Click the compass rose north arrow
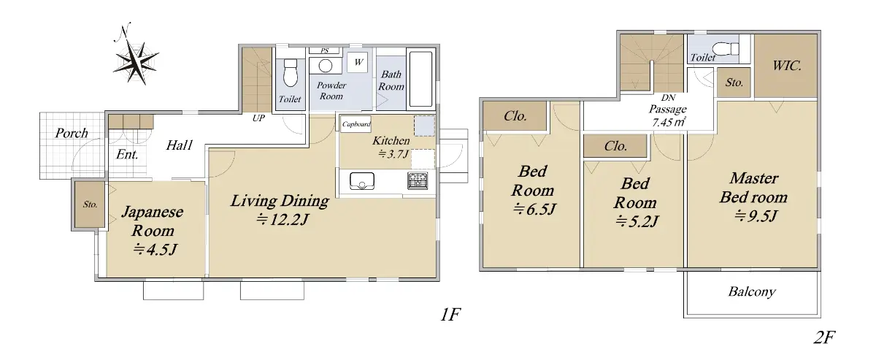click(136, 54)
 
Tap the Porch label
click(72, 133)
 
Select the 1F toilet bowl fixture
click(291, 72)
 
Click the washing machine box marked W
click(358, 62)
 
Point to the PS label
click(325, 51)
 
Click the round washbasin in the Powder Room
click(326, 66)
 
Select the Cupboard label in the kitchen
click(356, 124)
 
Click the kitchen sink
click(362, 181)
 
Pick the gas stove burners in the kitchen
click(418, 180)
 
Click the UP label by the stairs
click(258, 118)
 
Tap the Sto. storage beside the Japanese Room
click(90, 204)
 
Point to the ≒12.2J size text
click(283, 220)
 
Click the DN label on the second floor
click(669, 97)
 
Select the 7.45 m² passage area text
click(669, 122)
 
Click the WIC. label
click(787, 66)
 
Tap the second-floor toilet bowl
click(726, 50)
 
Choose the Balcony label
click(752, 292)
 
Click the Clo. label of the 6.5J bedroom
click(515, 116)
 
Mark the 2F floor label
click(824, 337)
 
